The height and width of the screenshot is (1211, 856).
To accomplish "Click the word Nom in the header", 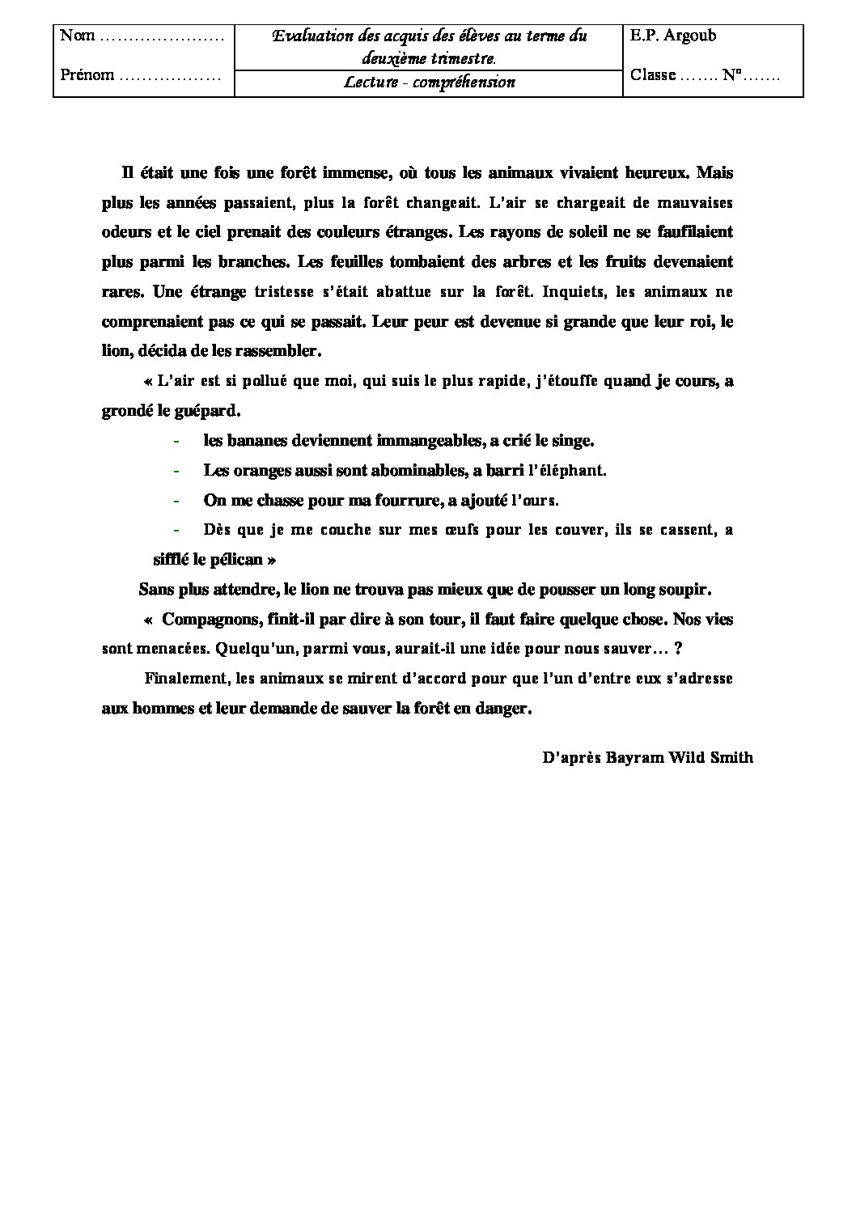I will coord(78,36).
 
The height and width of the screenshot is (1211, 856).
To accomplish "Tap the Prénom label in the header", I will coord(87,75).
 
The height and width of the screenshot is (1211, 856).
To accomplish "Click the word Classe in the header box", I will coord(652,75).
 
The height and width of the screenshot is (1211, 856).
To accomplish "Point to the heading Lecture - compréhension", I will coord(429,83).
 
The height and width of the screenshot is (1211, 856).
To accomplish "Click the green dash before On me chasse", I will coord(176,501).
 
